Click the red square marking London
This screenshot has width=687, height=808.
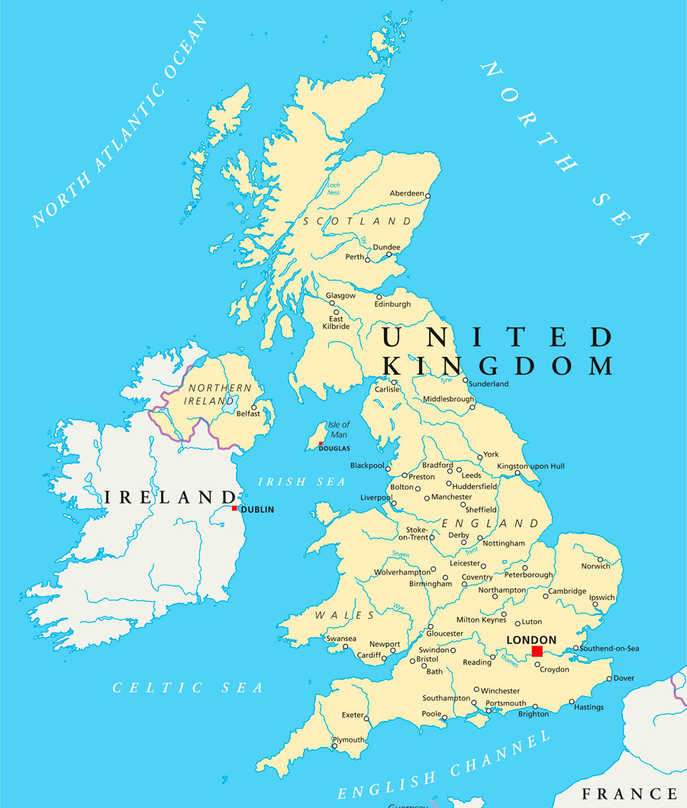537,651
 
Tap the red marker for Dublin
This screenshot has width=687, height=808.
234,508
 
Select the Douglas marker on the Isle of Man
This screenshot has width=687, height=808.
321,444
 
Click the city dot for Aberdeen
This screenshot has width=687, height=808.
427,196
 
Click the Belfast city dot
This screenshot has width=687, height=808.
254,407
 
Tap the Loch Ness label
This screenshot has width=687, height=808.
334,188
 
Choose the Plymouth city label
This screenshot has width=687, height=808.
348,740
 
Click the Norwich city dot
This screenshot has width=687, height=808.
600,559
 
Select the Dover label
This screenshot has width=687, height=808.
624,678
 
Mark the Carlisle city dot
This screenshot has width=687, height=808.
395,381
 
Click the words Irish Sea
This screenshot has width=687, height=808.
302,481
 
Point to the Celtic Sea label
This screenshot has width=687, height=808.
188,688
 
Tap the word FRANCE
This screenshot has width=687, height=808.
629,794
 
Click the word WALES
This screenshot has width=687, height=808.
345,615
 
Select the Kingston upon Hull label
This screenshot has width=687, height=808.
531,465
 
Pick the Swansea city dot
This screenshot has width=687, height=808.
346,647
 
